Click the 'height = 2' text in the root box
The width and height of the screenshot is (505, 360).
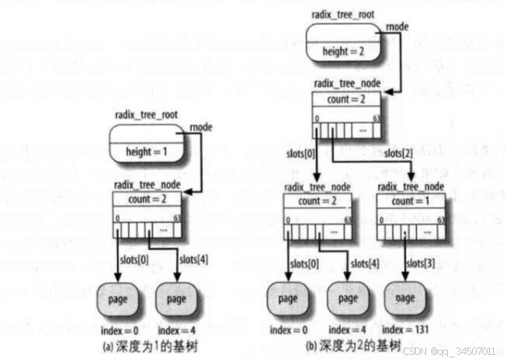[x=345, y=51]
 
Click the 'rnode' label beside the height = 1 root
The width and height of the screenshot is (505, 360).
[x=199, y=127]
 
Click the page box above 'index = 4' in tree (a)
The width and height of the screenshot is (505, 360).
[x=177, y=299]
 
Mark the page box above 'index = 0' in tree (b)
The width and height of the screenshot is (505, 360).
[x=288, y=299]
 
